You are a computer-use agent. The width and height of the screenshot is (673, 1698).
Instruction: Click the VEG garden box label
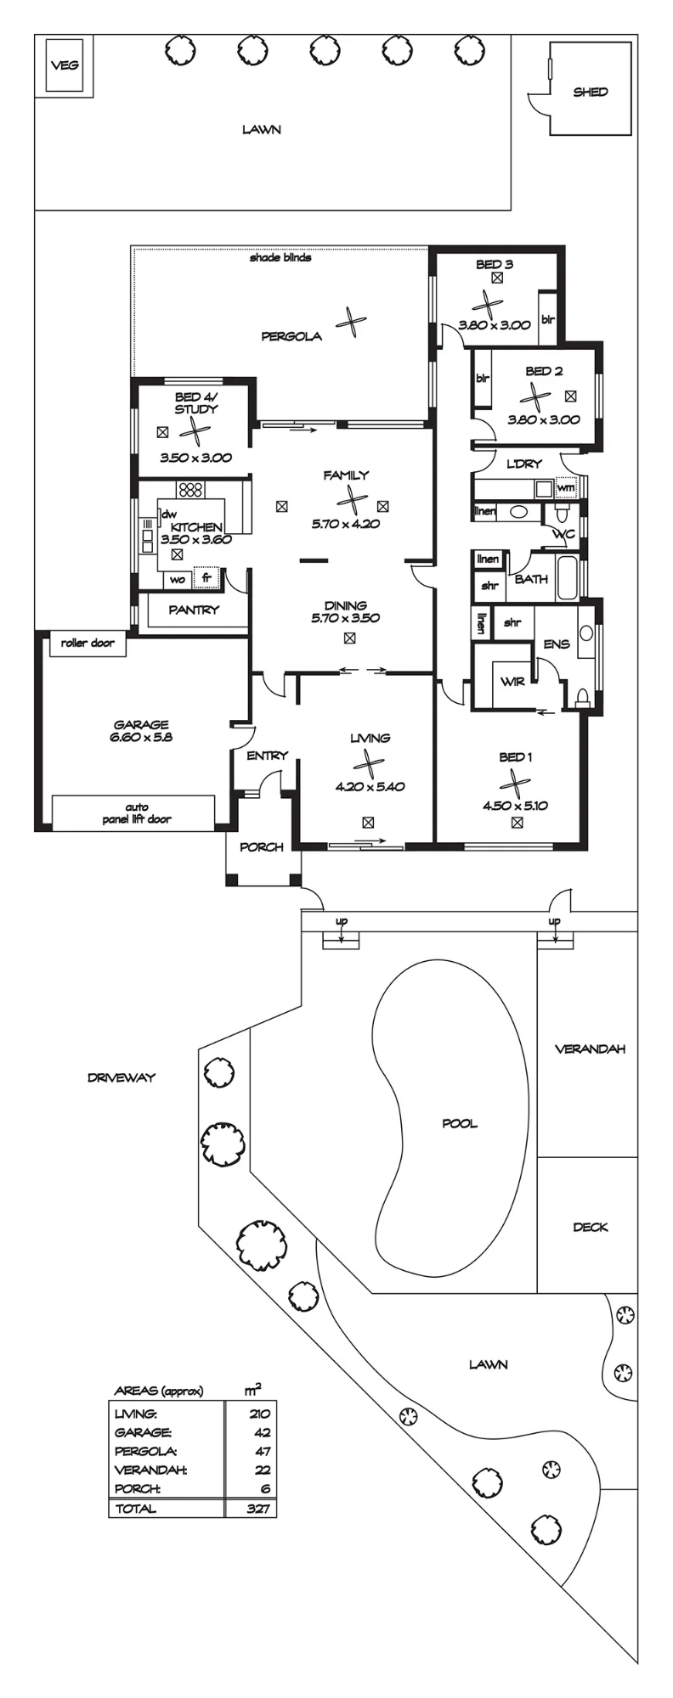[65, 65]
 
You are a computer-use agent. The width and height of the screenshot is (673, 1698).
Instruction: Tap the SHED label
[591, 92]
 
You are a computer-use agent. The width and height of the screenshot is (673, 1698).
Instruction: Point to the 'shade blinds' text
[280, 257]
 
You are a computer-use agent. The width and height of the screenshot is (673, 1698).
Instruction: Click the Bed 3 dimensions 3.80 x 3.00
[494, 324]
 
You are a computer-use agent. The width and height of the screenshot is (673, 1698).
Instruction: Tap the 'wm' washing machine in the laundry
[565, 488]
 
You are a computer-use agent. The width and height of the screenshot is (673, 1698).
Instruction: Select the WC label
[563, 534]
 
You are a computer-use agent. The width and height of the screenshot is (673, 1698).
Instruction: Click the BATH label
[531, 579]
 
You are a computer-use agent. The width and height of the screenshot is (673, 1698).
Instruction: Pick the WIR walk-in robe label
[512, 681]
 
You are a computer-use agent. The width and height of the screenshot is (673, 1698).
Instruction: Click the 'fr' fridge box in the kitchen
[206, 578]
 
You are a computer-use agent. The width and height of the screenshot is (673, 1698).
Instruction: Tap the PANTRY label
[194, 610]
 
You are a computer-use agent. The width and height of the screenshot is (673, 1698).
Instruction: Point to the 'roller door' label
[88, 643]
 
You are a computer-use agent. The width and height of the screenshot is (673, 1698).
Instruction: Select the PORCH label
[262, 846]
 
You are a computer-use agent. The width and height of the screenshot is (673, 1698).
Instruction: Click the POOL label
[460, 1123]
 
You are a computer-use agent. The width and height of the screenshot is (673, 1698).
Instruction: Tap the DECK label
[591, 1227]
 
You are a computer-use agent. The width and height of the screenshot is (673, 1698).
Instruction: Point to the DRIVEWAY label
[122, 1077]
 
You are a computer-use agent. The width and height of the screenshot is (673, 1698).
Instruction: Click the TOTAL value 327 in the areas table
[258, 1509]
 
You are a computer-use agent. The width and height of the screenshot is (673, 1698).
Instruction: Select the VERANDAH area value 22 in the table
[263, 1470]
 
